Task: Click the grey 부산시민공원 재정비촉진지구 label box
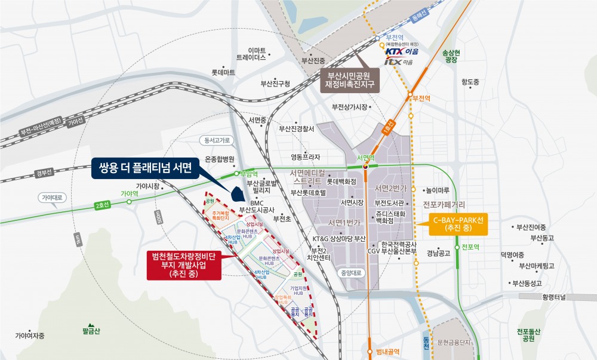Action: click(353, 80)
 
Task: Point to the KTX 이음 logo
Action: click(401, 52)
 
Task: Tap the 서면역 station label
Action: click(365, 158)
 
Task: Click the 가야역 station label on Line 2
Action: click(130, 194)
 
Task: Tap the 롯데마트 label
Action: click(223, 72)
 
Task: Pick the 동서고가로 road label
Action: click(217, 141)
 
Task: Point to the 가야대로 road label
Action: click(54, 196)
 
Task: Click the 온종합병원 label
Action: click(220, 159)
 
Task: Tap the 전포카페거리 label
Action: click(444, 205)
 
